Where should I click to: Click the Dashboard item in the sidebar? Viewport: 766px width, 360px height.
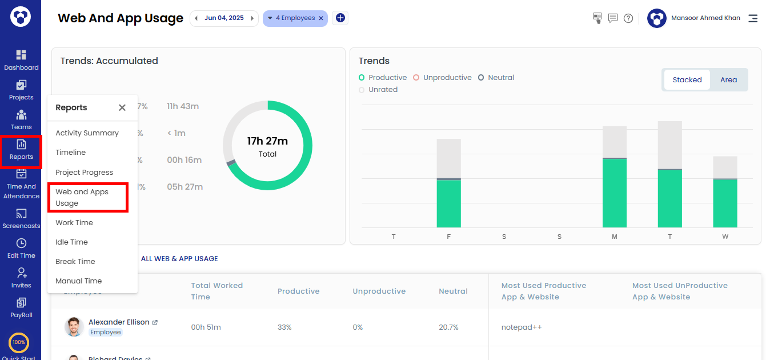[21, 60]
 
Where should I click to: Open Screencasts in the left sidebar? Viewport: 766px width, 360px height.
[21, 219]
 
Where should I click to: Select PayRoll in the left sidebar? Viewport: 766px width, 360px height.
[21, 308]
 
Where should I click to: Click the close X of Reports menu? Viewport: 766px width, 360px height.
[122, 107]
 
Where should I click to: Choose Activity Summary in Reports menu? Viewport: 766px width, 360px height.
[87, 133]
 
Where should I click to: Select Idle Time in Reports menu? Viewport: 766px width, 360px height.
[71, 242]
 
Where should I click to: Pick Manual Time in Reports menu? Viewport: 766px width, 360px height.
[78, 281]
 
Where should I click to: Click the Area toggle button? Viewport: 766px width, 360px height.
[728, 80]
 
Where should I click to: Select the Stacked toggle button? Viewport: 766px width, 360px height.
[687, 80]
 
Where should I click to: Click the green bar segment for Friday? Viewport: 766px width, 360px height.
[448, 204]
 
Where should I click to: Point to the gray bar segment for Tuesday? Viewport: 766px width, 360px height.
[669, 145]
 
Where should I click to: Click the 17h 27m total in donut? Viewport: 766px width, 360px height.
[267, 141]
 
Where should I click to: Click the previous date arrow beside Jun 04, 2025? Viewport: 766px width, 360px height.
[196, 18]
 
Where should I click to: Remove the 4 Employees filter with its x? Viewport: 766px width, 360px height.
[321, 18]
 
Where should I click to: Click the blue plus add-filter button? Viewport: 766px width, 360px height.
[340, 18]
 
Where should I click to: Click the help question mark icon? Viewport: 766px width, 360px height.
[628, 18]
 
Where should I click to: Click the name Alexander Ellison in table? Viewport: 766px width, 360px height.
[119, 322]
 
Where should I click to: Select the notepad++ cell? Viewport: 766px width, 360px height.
[522, 327]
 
